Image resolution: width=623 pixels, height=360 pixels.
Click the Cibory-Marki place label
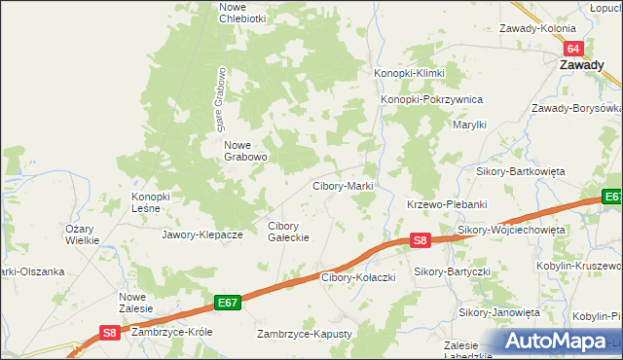[x=343, y=185]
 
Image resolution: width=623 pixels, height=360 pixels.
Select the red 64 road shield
[x=573, y=49]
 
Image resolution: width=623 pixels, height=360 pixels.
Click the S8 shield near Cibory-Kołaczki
[x=419, y=239]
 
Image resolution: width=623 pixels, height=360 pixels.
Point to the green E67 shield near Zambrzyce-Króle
[x=227, y=304]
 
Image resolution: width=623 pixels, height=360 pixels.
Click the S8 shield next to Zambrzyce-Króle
[x=110, y=333]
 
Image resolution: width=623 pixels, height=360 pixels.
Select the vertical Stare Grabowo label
[x=221, y=100]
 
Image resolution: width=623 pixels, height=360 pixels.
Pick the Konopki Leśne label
[x=151, y=201]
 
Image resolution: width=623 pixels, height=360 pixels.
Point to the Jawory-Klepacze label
[x=202, y=234]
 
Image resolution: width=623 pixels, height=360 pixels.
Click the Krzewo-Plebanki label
[x=446, y=204]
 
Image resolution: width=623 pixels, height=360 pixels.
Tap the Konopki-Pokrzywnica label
[x=431, y=99]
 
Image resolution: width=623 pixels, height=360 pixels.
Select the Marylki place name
[x=469, y=125]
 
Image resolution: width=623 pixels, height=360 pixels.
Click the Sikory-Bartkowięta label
[x=520, y=170]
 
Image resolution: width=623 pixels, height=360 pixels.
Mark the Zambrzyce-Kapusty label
[x=303, y=334]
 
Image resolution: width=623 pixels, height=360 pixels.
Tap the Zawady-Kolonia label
[x=538, y=28]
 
